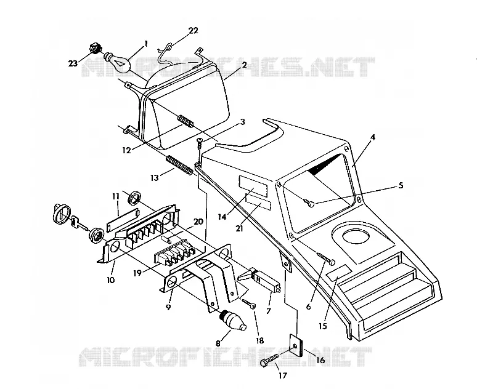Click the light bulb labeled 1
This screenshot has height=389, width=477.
[x=118, y=62]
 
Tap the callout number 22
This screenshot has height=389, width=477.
[x=194, y=30]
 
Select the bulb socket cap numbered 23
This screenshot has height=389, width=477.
[x=95, y=49]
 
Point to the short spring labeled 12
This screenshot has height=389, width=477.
[x=185, y=121]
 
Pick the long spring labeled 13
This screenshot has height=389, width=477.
[x=179, y=166]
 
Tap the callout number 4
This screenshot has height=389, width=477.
[x=373, y=138]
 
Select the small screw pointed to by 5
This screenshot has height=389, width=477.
[x=309, y=203]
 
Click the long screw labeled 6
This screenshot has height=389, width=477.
[x=326, y=258]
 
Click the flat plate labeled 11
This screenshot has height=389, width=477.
[x=123, y=219]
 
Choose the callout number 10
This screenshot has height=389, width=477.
[x=111, y=279]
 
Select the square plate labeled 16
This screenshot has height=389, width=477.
[x=296, y=345]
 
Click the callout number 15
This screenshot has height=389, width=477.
[x=323, y=326]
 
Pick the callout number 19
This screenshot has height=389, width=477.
[x=137, y=273]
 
